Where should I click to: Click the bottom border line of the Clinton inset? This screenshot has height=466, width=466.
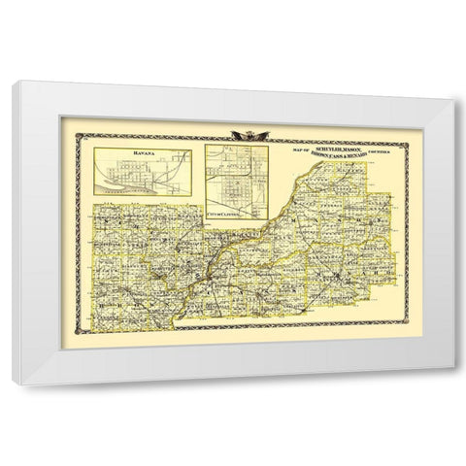tap(238, 203)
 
